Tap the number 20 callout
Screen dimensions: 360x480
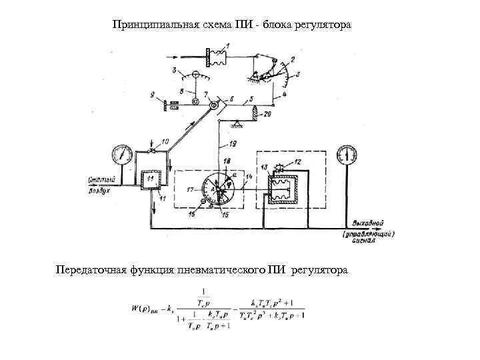268,114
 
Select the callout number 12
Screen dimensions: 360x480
298,163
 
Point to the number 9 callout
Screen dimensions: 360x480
153,95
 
